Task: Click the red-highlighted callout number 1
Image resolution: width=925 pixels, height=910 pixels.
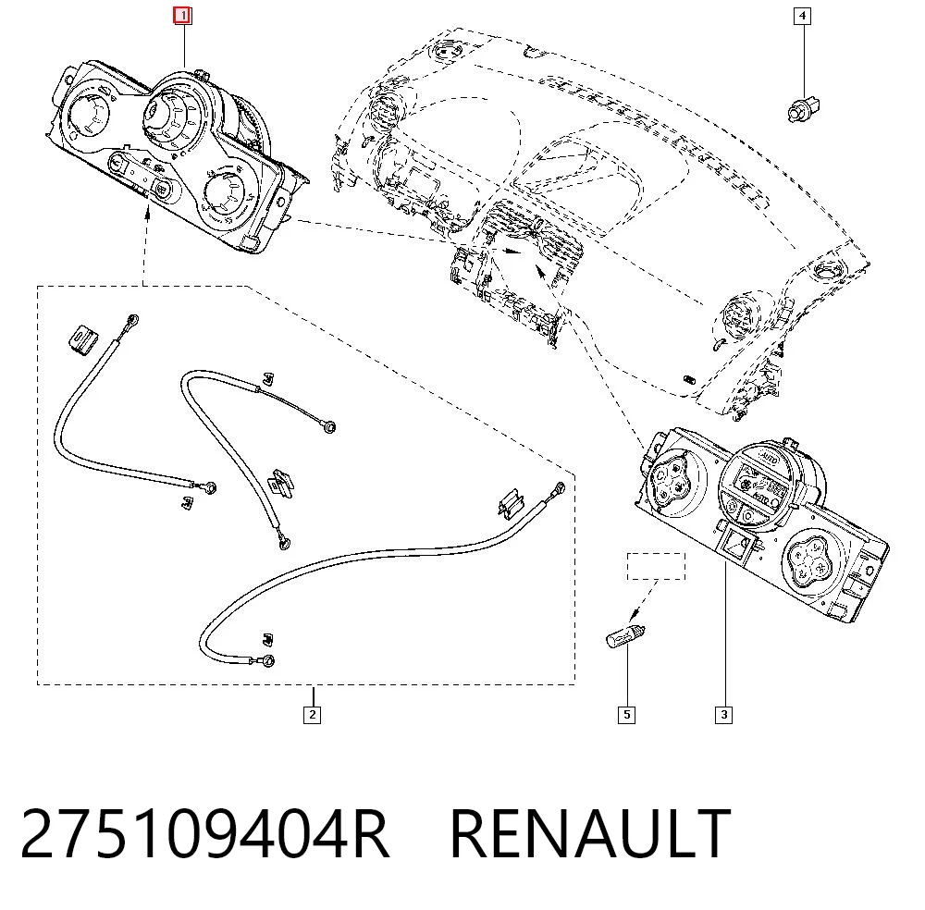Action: tap(182, 16)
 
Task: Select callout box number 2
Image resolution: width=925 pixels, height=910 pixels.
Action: tap(312, 715)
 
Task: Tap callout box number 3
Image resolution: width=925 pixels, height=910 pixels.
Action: tap(724, 715)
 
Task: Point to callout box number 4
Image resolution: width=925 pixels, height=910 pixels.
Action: tap(802, 16)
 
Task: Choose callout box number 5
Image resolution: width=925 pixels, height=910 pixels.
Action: tap(626, 715)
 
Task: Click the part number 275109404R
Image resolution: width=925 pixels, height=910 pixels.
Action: tap(204, 834)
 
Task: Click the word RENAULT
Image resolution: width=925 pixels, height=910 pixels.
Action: tap(590, 834)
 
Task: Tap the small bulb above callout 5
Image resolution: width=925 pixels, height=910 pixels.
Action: tap(626, 637)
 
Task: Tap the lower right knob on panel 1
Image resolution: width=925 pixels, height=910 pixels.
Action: tap(224, 192)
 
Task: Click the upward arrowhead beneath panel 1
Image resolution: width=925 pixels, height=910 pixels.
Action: tap(147, 212)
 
